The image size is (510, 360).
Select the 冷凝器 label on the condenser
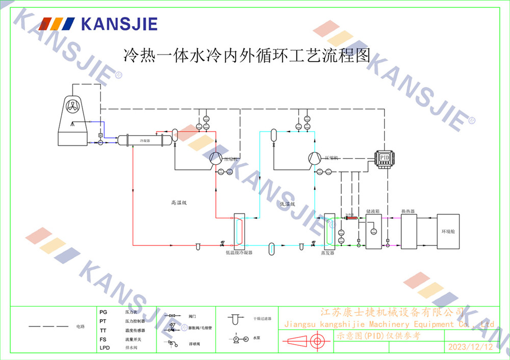point(145,140)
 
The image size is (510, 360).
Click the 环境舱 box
point(448,231)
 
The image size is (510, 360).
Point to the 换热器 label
point(407,211)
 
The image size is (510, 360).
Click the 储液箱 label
point(373,211)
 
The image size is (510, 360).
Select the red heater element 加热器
point(352,218)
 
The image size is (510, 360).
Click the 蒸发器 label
point(327,252)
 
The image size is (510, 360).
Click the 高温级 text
point(179,202)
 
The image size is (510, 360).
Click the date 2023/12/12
point(470,347)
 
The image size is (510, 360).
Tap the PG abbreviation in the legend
point(104,312)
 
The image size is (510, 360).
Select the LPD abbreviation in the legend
point(105,348)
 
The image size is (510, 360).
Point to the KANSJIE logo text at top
point(119,24)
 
